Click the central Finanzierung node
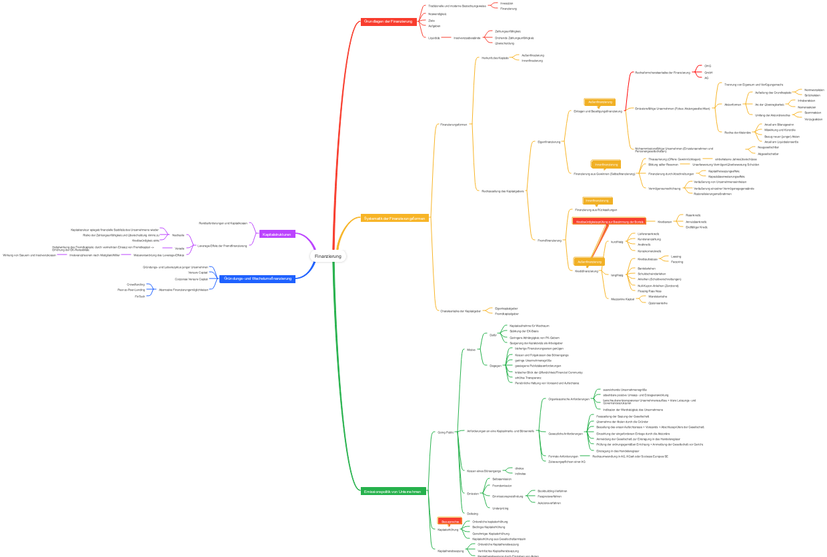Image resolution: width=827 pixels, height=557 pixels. pyautogui.click(x=328, y=257)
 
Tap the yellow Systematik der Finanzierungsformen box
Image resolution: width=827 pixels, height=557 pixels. pyautogui.click(x=394, y=218)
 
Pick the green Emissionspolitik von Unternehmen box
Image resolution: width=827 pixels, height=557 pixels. pyautogui.click(x=393, y=491)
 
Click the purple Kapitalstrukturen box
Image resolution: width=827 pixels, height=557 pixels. pyautogui.click(x=277, y=234)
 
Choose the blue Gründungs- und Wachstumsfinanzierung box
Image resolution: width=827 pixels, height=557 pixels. pyautogui.click(x=257, y=278)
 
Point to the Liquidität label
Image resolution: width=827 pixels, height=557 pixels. pyautogui.click(x=434, y=38)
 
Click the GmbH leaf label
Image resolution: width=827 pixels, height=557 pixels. pyautogui.click(x=708, y=72)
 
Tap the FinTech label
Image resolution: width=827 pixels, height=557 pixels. pyautogui.click(x=139, y=296)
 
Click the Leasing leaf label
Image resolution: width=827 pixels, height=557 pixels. pyautogui.click(x=676, y=257)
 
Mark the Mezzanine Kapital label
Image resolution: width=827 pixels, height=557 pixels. pyautogui.click(x=622, y=299)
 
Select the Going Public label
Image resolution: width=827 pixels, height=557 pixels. pyautogui.click(x=446, y=432)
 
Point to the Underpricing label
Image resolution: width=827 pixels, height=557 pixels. pyautogui.click(x=500, y=508)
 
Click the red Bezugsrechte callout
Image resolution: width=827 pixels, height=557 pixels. pyautogui.click(x=450, y=521)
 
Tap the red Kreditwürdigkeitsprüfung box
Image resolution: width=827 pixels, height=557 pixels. pyautogui.click(x=609, y=221)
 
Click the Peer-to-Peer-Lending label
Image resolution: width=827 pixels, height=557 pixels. pyautogui.click(x=131, y=290)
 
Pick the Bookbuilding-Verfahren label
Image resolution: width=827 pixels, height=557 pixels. pyautogui.click(x=552, y=491)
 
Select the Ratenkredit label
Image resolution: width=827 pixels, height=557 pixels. pyautogui.click(x=694, y=215)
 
